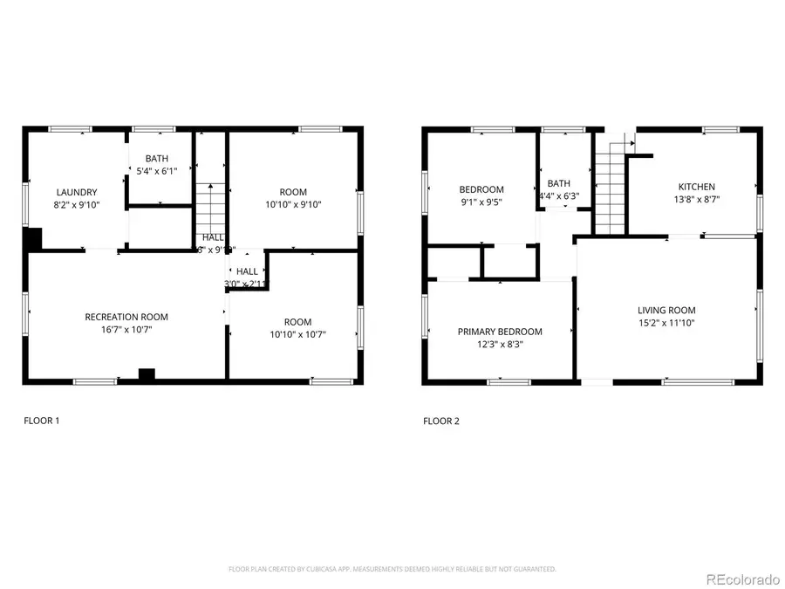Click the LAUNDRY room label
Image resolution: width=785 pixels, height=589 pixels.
click(x=77, y=192)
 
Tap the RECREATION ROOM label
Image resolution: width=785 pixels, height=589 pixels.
click(x=126, y=317)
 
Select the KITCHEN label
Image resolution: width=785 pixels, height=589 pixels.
click(x=697, y=187)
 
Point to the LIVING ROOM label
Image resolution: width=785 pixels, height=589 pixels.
click(x=666, y=310)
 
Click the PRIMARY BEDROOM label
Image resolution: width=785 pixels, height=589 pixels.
click(x=500, y=332)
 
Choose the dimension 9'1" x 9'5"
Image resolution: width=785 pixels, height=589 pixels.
click(x=481, y=202)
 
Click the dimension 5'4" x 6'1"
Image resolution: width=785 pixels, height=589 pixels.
click(x=157, y=172)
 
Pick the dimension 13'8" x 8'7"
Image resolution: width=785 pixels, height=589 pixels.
click(x=697, y=199)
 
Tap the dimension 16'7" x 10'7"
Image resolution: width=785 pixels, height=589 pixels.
click(x=126, y=330)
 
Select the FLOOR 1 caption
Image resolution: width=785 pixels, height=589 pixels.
click(x=41, y=421)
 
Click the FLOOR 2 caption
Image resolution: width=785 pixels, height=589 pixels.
click(x=441, y=421)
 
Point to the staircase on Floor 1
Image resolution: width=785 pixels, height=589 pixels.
click(x=209, y=206)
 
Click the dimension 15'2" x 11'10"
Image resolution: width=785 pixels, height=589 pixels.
click(x=666, y=323)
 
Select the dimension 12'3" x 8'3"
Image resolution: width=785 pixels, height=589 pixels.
click(x=500, y=345)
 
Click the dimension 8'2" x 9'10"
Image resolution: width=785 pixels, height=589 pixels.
click(x=77, y=205)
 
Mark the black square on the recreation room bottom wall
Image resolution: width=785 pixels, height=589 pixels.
click(x=147, y=374)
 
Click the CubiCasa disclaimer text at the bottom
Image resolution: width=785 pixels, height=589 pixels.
click(x=392, y=569)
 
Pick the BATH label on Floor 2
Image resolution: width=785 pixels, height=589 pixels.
click(x=558, y=183)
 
